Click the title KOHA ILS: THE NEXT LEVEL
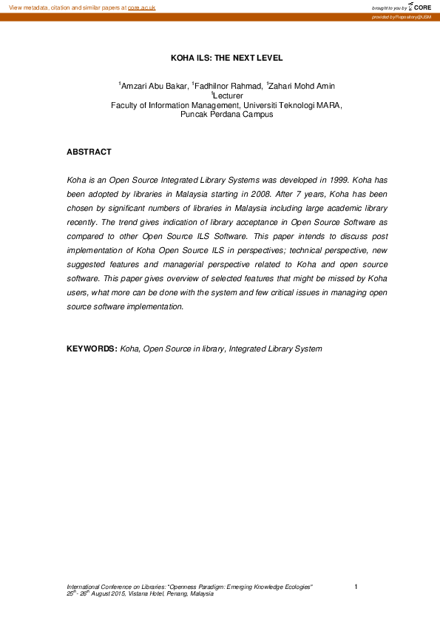[226, 57]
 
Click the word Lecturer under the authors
[229, 95]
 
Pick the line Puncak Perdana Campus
[226, 115]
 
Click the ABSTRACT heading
[89, 152]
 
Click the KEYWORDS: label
[92, 348]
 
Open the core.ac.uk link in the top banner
[141, 7]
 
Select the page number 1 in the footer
[356, 587]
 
